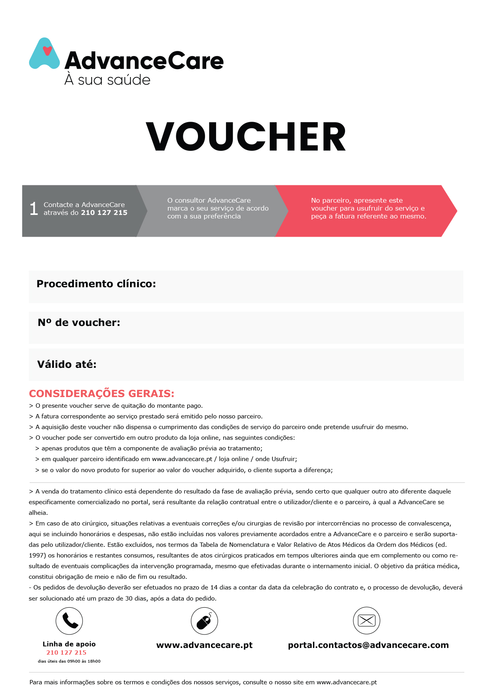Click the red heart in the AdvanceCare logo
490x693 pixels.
point(47,51)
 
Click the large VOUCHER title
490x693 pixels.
point(246,137)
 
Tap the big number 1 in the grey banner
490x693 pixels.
point(34,209)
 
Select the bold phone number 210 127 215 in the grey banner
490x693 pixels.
point(104,213)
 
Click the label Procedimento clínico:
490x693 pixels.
point(96,284)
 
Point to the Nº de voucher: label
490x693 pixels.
point(79,322)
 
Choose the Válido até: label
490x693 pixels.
point(67,364)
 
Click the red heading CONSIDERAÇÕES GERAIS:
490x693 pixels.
point(102,394)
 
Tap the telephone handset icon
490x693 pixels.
point(70,621)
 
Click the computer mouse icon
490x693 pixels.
point(204,621)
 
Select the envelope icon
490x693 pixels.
point(366,621)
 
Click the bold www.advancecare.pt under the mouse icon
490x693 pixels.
point(204,645)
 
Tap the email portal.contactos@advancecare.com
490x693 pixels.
point(368,645)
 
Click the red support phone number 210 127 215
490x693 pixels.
point(66,653)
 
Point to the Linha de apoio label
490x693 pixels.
point(69,644)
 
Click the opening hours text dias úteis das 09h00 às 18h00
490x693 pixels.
point(69,661)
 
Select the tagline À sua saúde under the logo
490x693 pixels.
point(107,80)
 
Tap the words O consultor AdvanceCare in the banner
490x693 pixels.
point(209,200)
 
